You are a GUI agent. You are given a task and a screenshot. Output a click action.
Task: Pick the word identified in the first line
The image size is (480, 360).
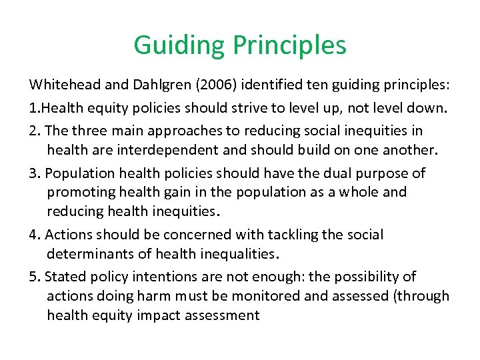[x=271, y=87]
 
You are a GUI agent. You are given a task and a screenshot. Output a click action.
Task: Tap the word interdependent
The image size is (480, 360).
[x=155, y=150]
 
